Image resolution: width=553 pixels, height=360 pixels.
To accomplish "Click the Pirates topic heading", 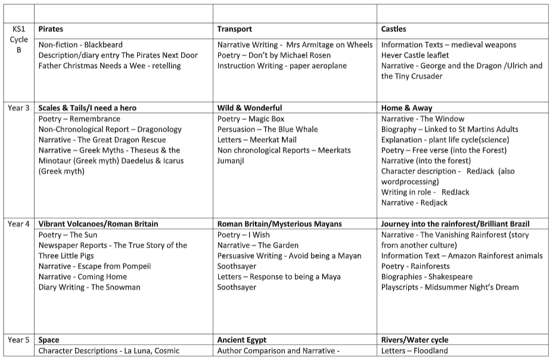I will tap(51, 29).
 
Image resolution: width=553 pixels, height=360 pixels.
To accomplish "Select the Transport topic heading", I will tap(234, 29).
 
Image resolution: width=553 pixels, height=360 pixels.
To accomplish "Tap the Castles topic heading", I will tap(394, 29).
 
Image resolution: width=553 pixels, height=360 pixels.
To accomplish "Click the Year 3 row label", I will tap(18, 108).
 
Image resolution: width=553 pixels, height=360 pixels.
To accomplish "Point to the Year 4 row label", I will tap(18, 224).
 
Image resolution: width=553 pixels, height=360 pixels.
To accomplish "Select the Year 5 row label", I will tap(18, 340).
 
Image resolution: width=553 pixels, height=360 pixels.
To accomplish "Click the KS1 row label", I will tap(18, 29).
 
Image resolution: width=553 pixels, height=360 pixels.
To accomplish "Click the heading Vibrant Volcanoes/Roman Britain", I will tap(98, 224).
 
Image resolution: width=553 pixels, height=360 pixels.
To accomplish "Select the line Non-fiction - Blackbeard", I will tap(81, 45).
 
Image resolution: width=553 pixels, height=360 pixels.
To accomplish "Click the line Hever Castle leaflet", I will tap(415, 55).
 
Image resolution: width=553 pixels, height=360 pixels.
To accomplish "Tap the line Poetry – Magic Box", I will tap(251, 119).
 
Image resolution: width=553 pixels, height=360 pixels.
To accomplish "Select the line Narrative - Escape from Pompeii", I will tap(95, 266).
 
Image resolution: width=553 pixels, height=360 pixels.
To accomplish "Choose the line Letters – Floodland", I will tap(414, 351).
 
